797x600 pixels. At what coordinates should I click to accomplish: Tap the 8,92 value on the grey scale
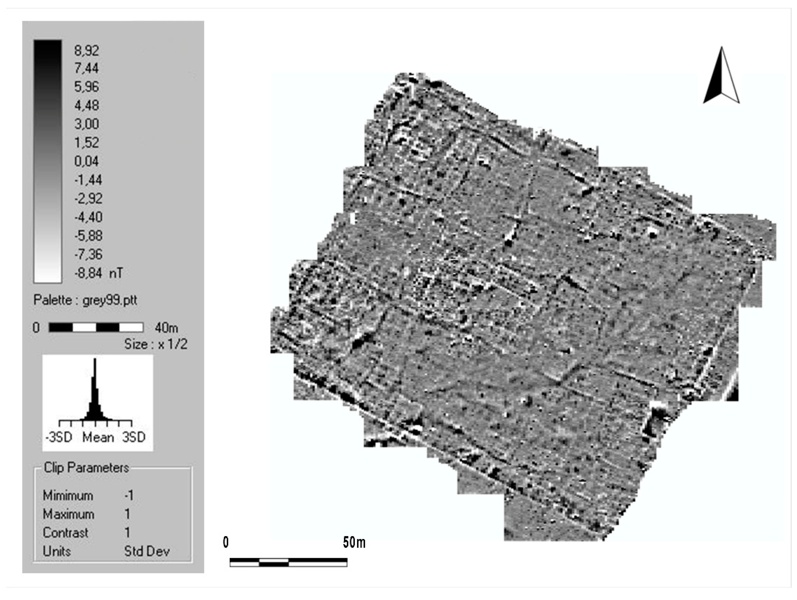[86, 50]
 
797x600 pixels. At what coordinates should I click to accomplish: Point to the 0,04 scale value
[86, 161]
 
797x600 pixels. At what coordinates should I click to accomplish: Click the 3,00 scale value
[86, 124]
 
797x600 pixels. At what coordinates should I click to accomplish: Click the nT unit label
[116, 273]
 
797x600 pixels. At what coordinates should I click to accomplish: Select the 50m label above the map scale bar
[354, 542]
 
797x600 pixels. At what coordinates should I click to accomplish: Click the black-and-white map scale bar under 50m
[288, 562]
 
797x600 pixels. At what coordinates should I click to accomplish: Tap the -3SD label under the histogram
[59, 437]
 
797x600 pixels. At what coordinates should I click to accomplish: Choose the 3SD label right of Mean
[134, 437]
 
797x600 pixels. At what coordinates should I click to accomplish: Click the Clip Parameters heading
[86, 468]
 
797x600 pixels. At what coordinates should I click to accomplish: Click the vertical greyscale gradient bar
[48, 161]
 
